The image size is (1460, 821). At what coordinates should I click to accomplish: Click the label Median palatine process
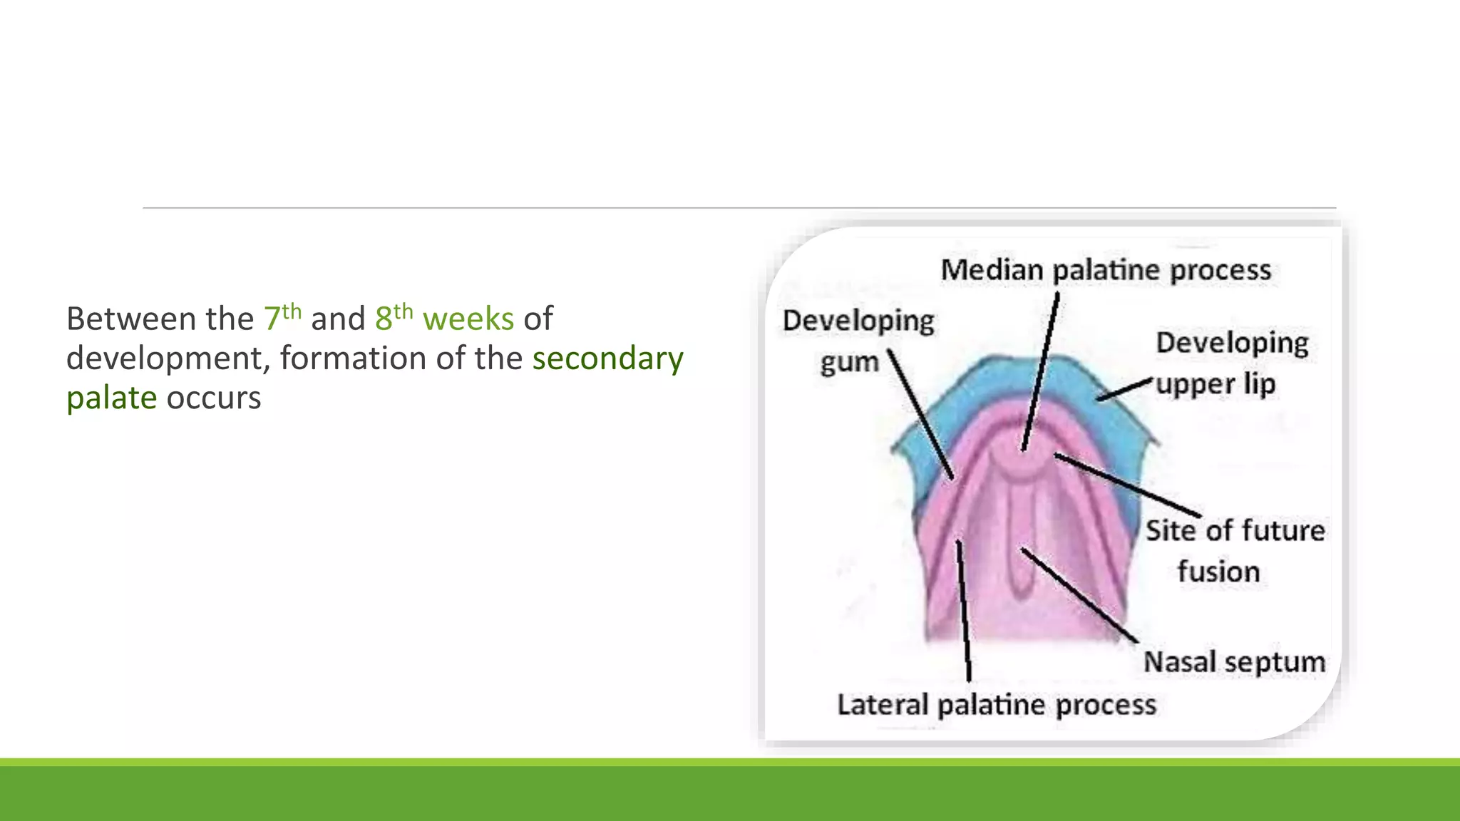[1105, 270]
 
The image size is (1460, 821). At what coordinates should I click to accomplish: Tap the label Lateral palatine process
[996, 705]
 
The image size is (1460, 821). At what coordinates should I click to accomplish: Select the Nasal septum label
[1234, 662]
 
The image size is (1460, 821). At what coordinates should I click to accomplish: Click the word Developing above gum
[858, 321]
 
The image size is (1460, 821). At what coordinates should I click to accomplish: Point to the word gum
[849, 363]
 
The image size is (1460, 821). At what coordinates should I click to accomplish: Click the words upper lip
[1215, 384]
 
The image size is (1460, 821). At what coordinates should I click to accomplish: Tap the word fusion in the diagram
[1218, 572]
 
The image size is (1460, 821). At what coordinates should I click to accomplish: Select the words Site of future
[1235, 531]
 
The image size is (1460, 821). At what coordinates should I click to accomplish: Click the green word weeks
[468, 319]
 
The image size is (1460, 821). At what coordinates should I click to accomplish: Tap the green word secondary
[607, 358]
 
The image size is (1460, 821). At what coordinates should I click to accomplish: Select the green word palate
[111, 398]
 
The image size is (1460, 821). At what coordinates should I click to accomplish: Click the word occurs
[213, 398]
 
